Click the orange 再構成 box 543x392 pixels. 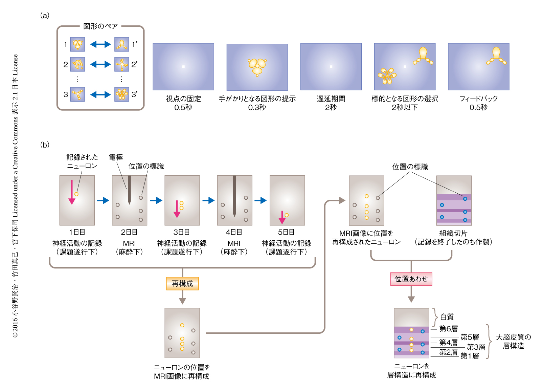182,284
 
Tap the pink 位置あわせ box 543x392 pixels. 411,279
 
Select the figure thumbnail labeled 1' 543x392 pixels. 121,44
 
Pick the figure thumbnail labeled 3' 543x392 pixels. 121,94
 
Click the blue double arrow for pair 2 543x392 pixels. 100,64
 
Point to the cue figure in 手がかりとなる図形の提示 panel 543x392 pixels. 257,66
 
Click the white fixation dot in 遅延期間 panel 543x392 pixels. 331,67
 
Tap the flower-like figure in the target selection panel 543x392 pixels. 387,75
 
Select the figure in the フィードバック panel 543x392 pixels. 496,56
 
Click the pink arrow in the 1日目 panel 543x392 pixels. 72,192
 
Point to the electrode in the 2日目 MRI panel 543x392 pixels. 129,190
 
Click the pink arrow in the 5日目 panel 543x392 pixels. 282,217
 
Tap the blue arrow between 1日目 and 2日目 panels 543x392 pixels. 103,200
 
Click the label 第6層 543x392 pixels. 448,329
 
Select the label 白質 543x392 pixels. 447,317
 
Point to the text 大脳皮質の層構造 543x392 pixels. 513,341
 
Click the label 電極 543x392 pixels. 116,157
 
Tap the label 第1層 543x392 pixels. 470,356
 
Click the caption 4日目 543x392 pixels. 234,232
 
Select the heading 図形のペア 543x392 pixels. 100,26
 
